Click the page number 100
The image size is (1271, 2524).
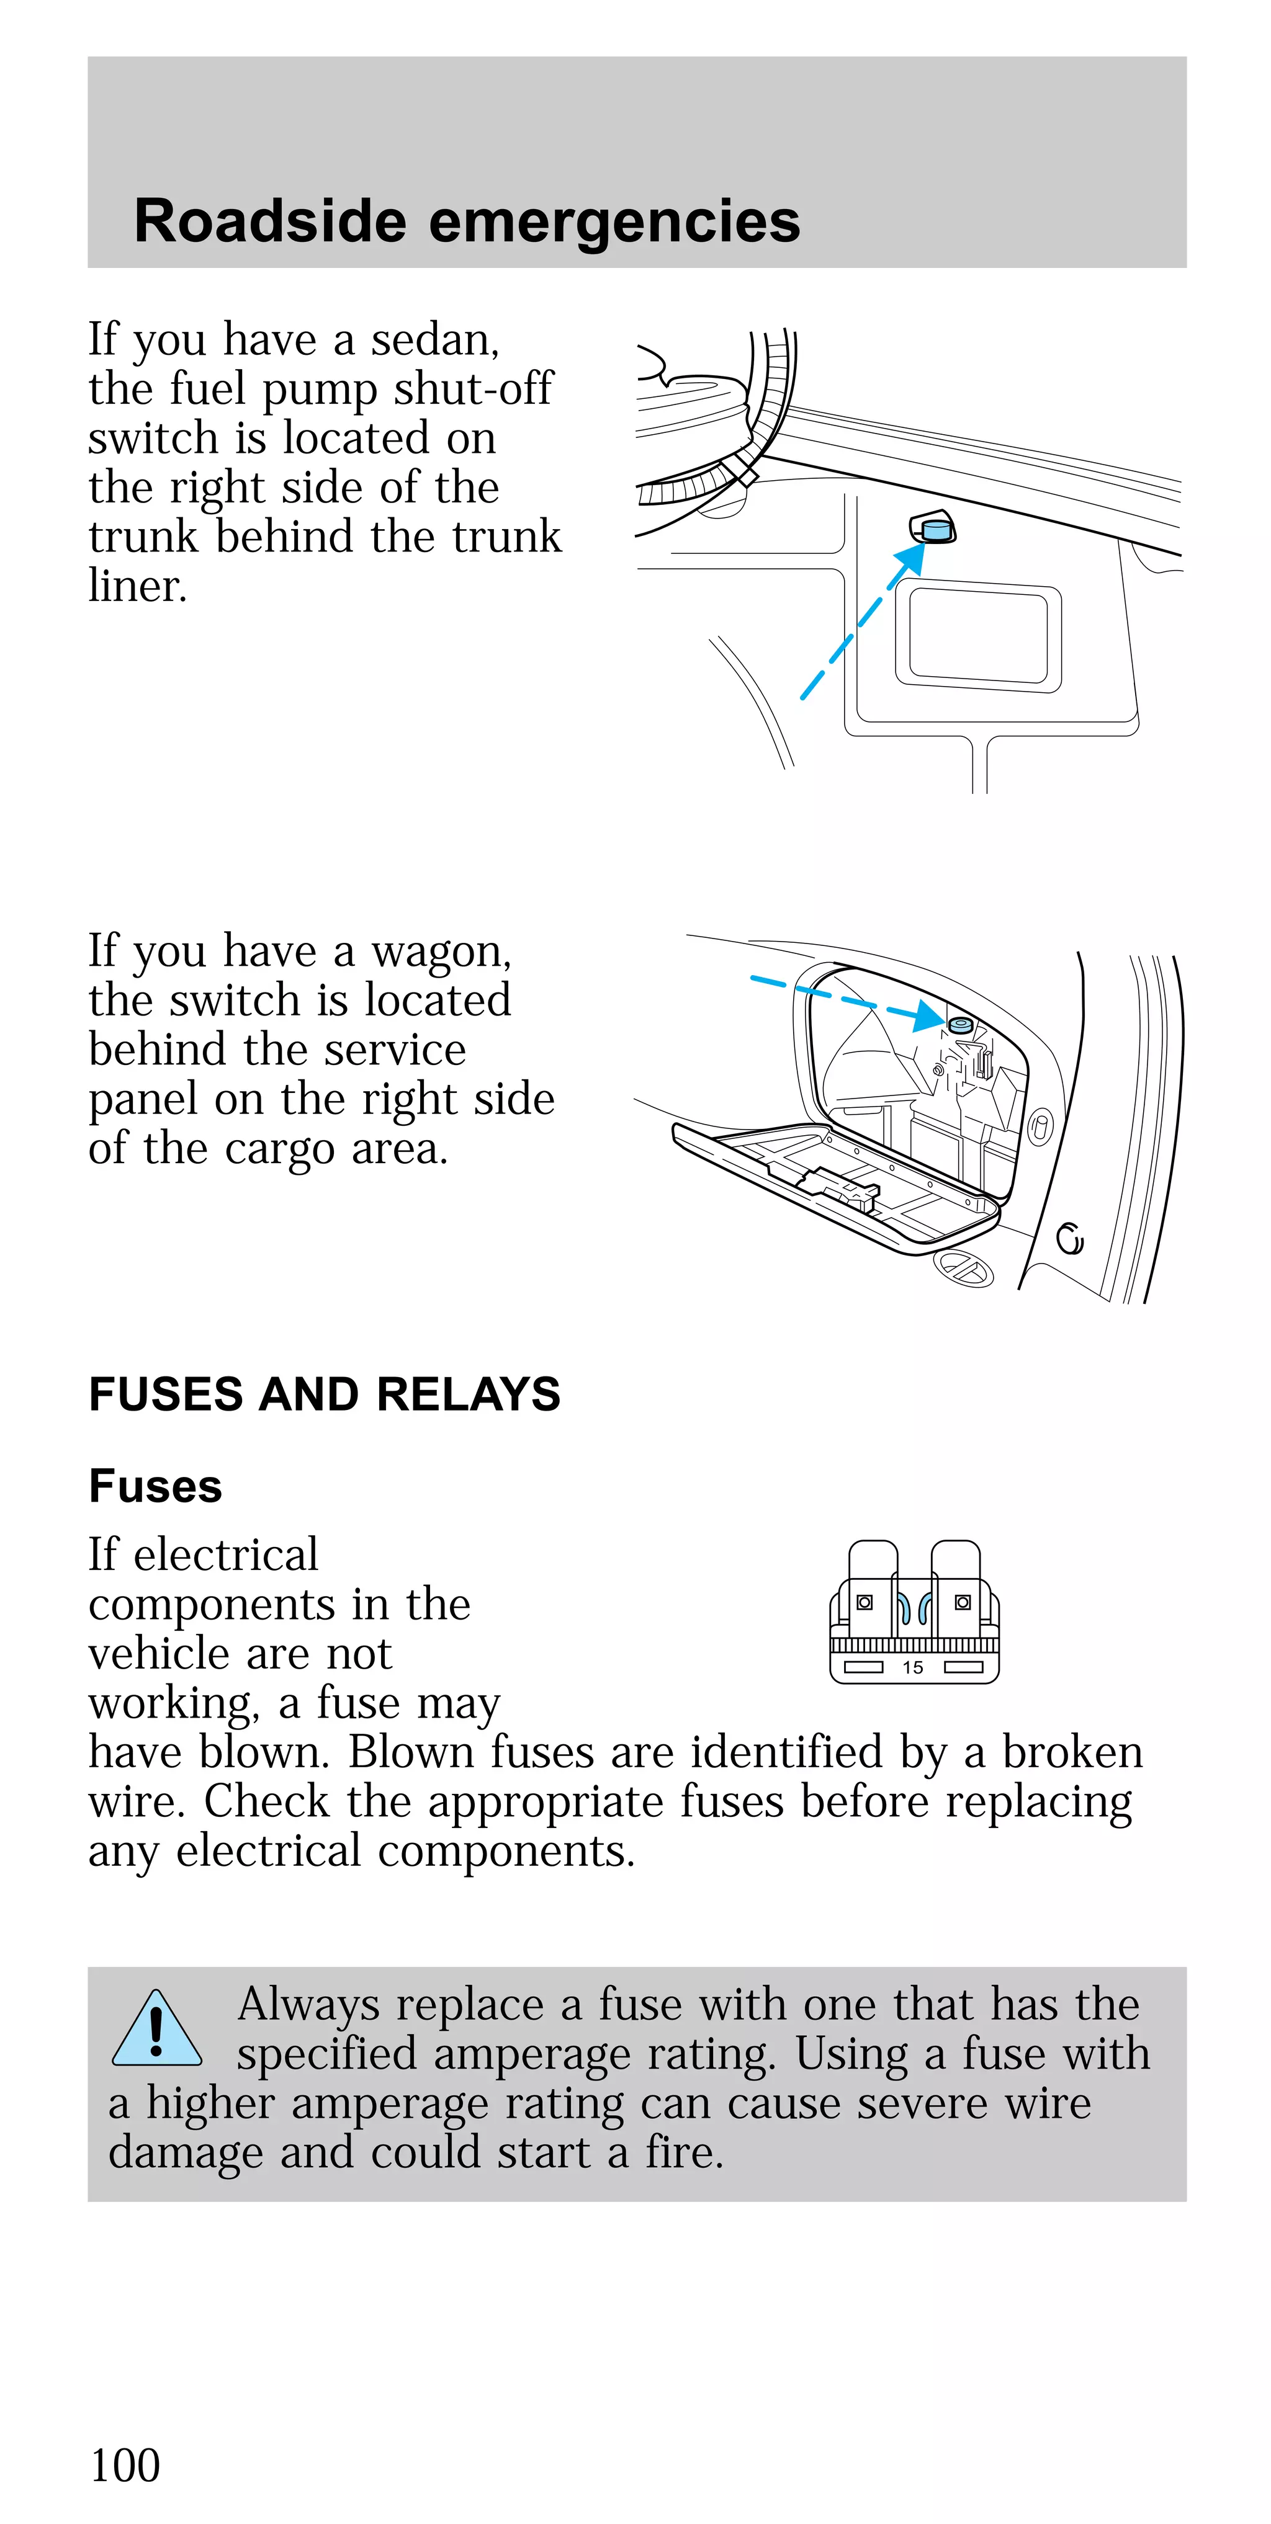click(125, 2464)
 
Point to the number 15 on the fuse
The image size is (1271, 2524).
click(912, 1667)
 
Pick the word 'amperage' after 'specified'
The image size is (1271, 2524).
click(531, 2054)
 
